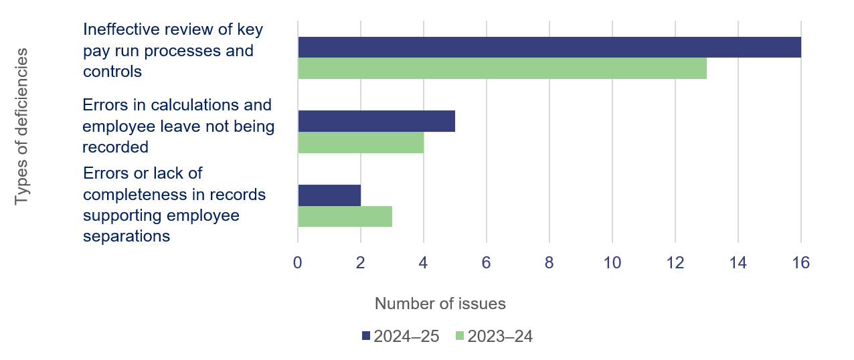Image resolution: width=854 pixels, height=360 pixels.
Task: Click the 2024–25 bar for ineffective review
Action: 549,48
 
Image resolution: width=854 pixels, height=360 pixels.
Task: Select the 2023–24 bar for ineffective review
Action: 502,68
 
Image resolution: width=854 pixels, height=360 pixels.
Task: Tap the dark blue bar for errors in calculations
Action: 376,121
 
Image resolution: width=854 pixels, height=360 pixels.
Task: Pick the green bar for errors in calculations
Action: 360,143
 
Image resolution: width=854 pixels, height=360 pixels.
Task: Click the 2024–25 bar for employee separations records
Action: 329,195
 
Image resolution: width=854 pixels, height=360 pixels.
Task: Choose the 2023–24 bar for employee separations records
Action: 345,216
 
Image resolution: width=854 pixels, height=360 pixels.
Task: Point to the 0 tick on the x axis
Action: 298,263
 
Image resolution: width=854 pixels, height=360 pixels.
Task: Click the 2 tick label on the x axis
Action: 361,263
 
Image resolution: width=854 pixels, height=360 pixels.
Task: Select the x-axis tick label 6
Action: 487,263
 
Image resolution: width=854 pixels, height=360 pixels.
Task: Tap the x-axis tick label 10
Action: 612,263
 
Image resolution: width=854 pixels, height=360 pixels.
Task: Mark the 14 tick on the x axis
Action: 738,263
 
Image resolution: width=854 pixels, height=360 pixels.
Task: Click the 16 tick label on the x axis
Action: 800,263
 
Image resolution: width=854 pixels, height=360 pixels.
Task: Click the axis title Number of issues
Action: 440,304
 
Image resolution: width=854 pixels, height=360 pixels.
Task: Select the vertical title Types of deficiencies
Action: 23,126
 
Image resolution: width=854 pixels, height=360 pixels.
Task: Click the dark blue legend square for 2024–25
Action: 366,337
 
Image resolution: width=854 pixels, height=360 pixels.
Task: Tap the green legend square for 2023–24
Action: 459,337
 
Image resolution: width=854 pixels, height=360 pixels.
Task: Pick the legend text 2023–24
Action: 500,337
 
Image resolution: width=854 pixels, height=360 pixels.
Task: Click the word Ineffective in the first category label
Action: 118,29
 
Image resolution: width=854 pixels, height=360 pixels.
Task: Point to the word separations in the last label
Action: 126,236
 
